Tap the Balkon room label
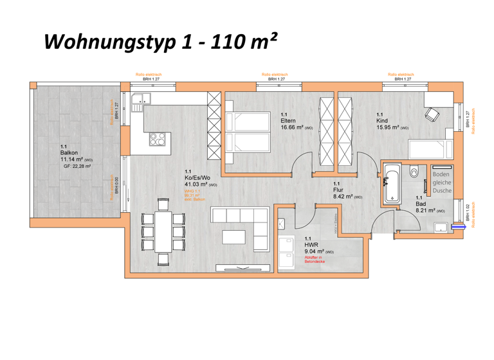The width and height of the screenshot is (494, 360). pyautogui.click(x=69, y=153)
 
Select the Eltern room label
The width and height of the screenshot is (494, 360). pyautogui.click(x=288, y=120)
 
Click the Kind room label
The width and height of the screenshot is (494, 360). pyautogui.click(x=382, y=120)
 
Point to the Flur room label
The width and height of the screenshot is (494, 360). pyautogui.click(x=338, y=190)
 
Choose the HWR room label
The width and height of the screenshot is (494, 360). pyautogui.click(x=311, y=245)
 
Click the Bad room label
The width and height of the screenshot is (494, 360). pyautogui.click(x=419, y=204)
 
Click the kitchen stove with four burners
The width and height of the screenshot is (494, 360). pyautogui.click(x=158, y=139)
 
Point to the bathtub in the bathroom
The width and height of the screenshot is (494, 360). pyautogui.click(x=392, y=183)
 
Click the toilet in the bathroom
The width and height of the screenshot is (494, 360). pyautogui.click(x=414, y=172)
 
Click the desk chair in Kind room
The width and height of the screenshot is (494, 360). pyautogui.click(x=431, y=115)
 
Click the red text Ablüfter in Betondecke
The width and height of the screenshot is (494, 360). pyautogui.click(x=315, y=260)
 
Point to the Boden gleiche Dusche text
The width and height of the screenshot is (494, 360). pyautogui.click(x=441, y=183)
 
